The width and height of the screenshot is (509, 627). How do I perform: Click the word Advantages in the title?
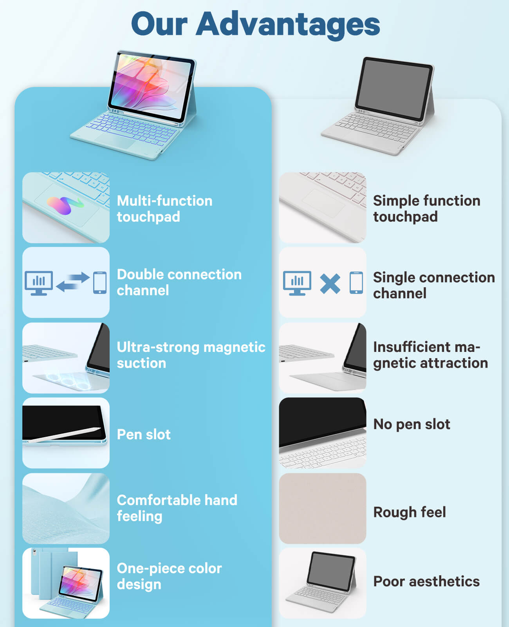coord(288,25)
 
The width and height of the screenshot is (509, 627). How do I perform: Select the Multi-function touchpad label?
coord(165,209)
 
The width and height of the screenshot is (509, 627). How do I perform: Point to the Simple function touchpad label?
coord(427,209)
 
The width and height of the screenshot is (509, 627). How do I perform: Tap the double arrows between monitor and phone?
coord(72,282)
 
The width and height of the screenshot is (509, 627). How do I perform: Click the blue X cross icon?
coord(330,284)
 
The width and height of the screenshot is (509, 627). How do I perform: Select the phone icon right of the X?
coord(356,283)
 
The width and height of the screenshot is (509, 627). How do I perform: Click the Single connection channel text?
coord(434,285)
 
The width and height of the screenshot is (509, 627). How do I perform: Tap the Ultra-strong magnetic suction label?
coord(191,355)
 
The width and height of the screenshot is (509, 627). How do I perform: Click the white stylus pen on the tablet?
coord(64,435)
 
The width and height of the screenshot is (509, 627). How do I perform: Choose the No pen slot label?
coord(412,424)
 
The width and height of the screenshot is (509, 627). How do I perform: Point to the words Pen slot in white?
coord(143,435)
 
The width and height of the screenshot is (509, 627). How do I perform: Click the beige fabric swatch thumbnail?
coord(323,508)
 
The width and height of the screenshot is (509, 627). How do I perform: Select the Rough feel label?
coord(410,512)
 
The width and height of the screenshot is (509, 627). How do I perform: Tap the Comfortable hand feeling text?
coord(177,508)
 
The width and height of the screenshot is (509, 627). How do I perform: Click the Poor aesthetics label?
coord(426,582)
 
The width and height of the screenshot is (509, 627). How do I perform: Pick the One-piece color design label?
coord(170,576)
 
